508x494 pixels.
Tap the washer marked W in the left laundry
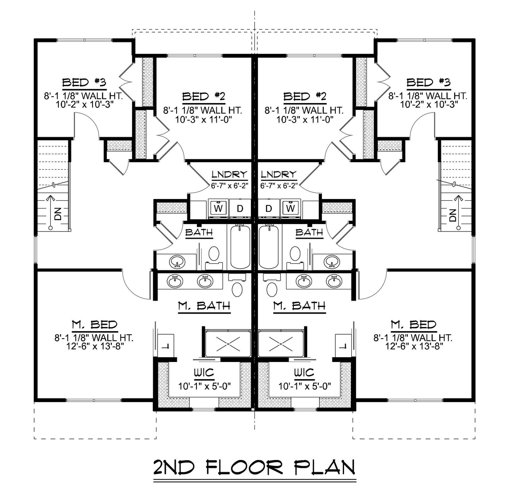click(x=217, y=208)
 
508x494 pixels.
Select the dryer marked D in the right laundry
click(x=269, y=209)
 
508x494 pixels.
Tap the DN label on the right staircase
click(x=452, y=214)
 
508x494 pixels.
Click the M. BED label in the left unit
click(x=94, y=325)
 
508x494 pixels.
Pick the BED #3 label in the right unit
click(x=429, y=82)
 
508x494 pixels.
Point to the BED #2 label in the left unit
click(x=204, y=96)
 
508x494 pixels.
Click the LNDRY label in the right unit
click(x=279, y=174)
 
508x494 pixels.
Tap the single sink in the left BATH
click(x=177, y=262)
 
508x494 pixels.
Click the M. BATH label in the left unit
click(x=204, y=306)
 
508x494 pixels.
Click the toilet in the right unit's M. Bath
click(x=272, y=289)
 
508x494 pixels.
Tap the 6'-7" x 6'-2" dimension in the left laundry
click(x=229, y=185)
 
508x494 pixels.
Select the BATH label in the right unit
click(x=309, y=232)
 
